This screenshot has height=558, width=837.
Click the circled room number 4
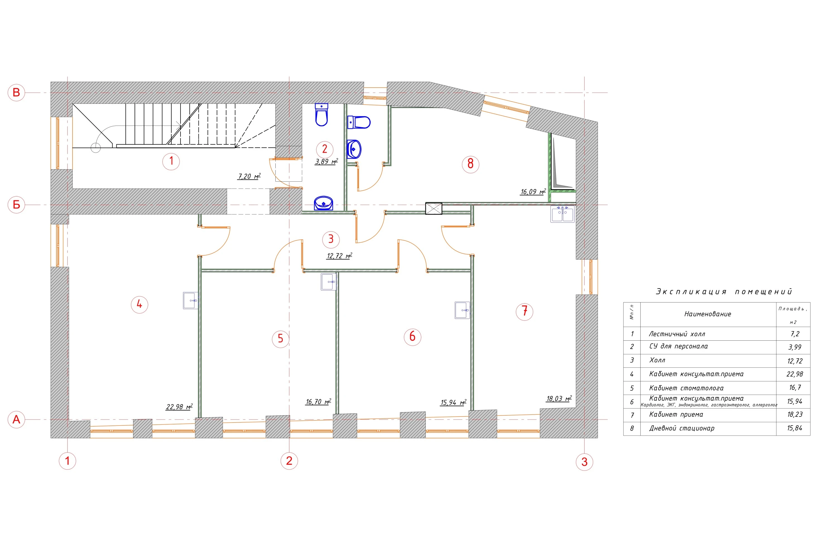[x=139, y=305]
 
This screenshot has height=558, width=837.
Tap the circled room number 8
[x=470, y=164]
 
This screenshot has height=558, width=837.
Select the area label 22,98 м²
[x=179, y=407]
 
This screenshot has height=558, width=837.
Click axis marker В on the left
[x=16, y=93]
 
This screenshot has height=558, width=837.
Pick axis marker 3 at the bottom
[x=584, y=462]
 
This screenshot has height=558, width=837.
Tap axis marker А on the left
[x=16, y=419]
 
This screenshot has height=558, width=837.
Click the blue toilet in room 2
[x=321, y=115]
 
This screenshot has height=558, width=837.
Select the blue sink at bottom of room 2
[x=323, y=203]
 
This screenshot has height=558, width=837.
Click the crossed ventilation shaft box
[x=434, y=208]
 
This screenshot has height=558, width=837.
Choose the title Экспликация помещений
[x=724, y=292]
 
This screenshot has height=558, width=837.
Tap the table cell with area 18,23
[x=795, y=415]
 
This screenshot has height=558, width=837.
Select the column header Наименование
[x=708, y=314]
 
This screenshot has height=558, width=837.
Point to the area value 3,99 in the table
[x=795, y=347]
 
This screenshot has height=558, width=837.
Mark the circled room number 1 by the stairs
[x=171, y=161]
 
